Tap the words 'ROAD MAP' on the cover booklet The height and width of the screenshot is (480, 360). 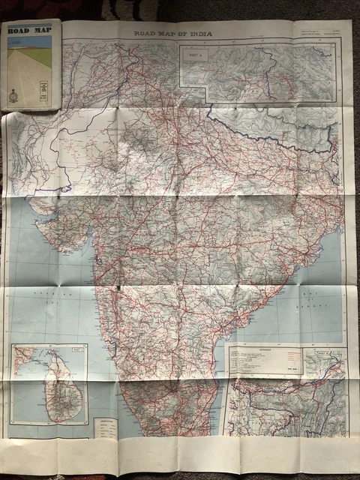coord(28,30)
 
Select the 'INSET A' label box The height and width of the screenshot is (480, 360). coord(193,54)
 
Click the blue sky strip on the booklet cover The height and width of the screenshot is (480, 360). coord(30,40)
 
